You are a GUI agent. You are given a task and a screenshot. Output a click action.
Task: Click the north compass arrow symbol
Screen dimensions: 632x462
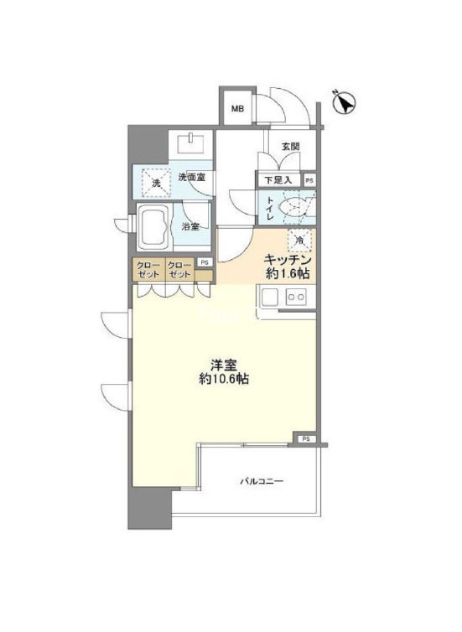click(344, 101)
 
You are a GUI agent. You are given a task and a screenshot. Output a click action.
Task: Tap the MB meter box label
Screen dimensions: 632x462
click(237, 108)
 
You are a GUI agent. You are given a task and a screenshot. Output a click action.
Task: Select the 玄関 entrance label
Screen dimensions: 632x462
click(290, 147)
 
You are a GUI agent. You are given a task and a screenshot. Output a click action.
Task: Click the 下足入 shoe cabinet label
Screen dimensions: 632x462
click(278, 179)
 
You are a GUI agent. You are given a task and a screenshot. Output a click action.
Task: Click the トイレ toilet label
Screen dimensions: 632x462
click(269, 205)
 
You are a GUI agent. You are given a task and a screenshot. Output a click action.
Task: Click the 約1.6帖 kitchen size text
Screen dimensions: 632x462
click(288, 273)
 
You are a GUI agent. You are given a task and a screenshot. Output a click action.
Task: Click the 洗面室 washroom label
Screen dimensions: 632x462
click(192, 178)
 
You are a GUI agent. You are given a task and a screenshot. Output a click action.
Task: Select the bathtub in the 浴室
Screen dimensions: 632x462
click(153, 226)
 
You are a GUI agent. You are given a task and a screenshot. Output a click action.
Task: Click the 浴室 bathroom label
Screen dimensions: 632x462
click(190, 226)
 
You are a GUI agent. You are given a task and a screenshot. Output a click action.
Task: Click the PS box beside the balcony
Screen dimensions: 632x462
click(306, 438)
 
